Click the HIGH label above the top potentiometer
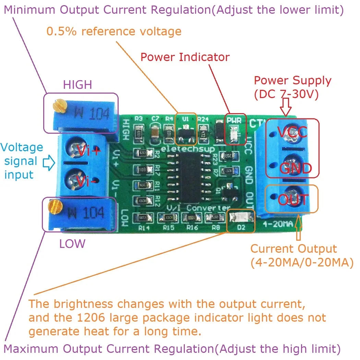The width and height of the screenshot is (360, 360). pos(77,84)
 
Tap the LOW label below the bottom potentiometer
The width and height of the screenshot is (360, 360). pos(72,244)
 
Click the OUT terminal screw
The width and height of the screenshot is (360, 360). pos(291,198)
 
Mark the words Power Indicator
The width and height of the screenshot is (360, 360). pos(185,57)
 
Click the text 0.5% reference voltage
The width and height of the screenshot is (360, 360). pos(114,32)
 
